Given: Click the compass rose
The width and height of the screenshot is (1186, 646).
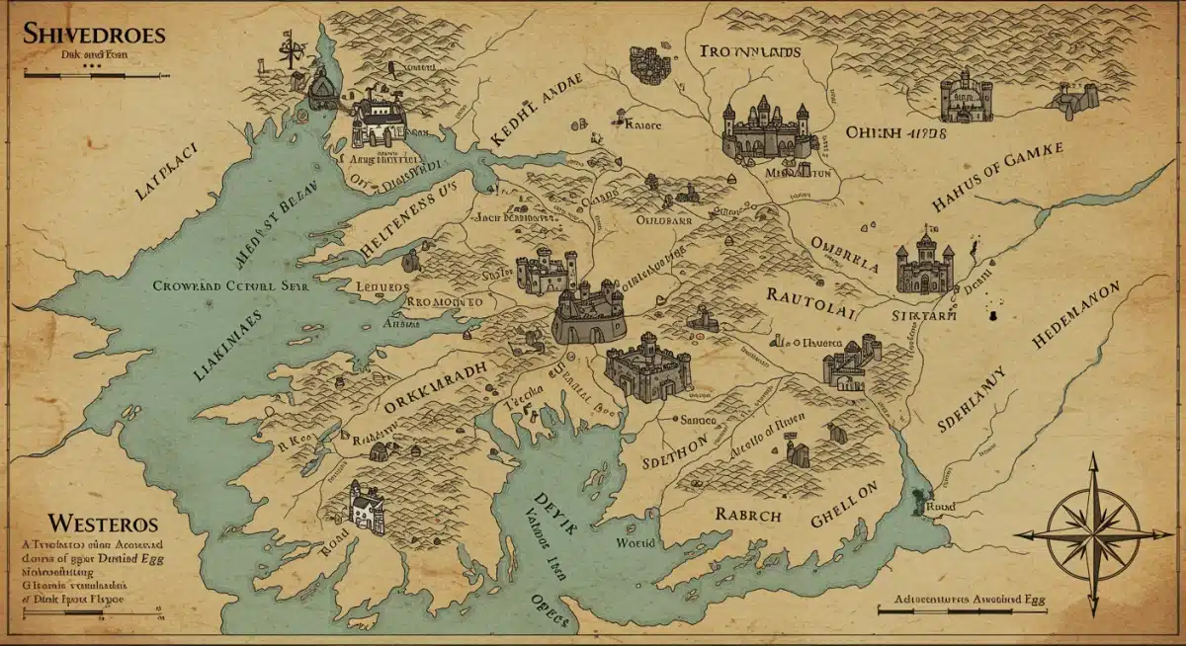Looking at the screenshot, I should coord(1093,533).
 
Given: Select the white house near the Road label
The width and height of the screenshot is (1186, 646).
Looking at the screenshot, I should coord(366,508).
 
